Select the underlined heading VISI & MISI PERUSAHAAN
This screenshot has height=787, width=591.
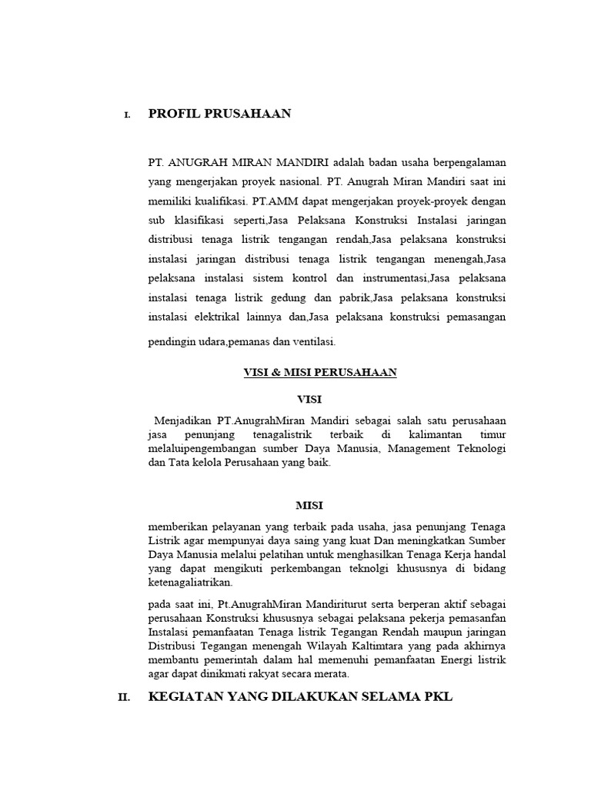tap(320, 372)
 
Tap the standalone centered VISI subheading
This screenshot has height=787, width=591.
tap(309, 399)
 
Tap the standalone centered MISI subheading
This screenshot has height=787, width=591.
tap(309, 505)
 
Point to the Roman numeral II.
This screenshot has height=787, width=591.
tap(124, 699)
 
